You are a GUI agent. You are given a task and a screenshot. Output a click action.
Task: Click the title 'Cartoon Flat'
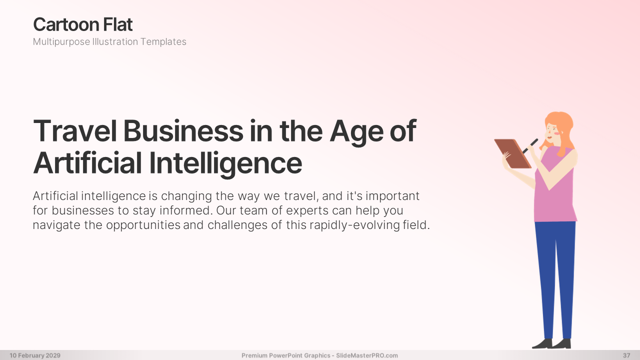[83, 24]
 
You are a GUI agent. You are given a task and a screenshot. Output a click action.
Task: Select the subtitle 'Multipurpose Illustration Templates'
[109, 41]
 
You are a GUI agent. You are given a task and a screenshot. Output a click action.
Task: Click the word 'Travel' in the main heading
[75, 131]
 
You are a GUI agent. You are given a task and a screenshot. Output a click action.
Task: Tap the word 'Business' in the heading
[183, 131]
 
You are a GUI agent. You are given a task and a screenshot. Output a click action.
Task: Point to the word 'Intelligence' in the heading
[225, 163]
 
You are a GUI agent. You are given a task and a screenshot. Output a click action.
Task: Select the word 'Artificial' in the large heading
[87, 163]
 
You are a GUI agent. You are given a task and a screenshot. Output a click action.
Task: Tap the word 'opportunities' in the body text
[143, 225]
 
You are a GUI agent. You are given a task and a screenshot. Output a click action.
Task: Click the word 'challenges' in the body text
[237, 225]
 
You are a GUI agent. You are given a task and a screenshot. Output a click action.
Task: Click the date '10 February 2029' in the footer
[35, 355]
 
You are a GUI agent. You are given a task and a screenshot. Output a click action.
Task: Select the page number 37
[626, 355]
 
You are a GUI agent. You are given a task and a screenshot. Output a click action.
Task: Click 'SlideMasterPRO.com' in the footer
[367, 355]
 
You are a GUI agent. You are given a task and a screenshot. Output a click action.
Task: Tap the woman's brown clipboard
[512, 153]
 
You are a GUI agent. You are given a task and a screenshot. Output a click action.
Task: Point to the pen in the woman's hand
[530, 146]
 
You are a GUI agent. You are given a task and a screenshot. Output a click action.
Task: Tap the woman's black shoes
[552, 343]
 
